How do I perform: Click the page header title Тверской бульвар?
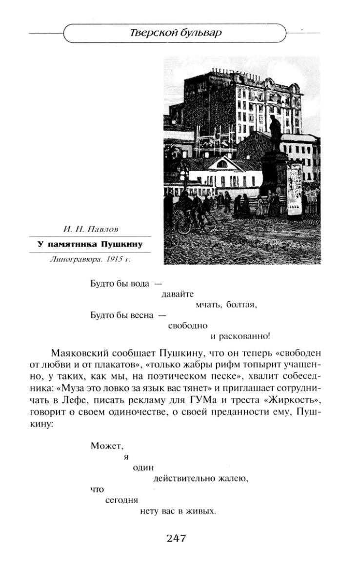[176, 33]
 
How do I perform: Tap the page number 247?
[177, 538]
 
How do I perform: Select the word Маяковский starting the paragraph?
[75, 352]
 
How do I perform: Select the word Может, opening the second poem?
[104, 445]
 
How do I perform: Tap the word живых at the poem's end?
[202, 512]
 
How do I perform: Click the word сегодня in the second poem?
[122, 501]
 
